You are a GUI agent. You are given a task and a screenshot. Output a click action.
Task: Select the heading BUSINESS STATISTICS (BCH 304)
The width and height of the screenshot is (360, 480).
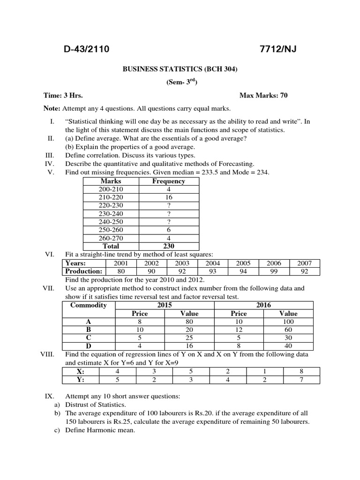pos(180,69)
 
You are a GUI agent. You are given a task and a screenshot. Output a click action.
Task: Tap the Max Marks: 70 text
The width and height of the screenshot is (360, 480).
pos(263,96)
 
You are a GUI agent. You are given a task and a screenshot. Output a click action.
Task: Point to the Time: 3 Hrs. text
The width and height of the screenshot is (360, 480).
pos(63,96)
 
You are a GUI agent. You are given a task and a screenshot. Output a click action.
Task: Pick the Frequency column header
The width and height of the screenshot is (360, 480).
pos(169,181)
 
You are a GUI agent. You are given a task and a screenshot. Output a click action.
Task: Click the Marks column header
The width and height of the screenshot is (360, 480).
pos(111,181)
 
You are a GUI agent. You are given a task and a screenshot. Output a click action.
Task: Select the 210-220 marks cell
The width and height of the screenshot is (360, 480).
pos(111,198)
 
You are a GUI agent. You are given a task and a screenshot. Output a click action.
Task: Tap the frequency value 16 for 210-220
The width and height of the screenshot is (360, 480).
pos(169,198)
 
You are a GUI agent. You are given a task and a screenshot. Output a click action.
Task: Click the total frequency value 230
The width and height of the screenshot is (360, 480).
pos(169,246)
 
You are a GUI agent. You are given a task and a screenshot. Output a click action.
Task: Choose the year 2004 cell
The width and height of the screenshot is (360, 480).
pos(212,263)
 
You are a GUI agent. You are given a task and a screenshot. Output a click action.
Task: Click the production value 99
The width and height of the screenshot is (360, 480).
pos(274,271)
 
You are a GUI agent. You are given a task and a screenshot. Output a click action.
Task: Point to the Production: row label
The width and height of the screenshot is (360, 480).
pos(83,271)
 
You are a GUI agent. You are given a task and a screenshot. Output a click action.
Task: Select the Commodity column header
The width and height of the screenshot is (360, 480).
pos(89,305)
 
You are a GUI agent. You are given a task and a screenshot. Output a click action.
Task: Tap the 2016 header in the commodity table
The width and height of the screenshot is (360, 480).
pos(264,305)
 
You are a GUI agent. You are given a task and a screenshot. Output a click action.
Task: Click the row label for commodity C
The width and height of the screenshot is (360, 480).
pos(89,337)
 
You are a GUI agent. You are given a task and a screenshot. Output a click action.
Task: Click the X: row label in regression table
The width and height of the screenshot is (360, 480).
pos(81,371)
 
